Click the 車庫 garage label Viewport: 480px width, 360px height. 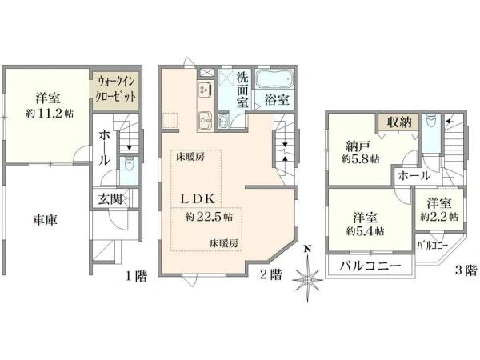[x=46, y=220]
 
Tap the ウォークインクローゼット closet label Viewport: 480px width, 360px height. [x=116, y=89]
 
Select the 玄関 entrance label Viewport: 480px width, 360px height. [x=110, y=199]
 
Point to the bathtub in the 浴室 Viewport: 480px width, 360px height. [x=274, y=79]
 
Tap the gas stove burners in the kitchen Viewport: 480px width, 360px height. [x=204, y=89]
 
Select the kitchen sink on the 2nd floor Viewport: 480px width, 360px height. [x=205, y=120]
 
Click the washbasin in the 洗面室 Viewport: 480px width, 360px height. [x=223, y=121]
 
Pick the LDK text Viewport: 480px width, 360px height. [x=198, y=199]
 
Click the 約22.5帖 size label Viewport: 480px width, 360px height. [x=209, y=217]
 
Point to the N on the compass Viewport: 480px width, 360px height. [x=308, y=248]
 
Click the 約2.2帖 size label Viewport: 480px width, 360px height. [x=439, y=217]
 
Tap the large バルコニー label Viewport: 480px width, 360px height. [x=370, y=265]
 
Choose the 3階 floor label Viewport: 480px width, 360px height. [x=466, y=270]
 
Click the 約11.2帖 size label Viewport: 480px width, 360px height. [x=50, y=114]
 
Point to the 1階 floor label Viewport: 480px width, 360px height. [x=136, y=276]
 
